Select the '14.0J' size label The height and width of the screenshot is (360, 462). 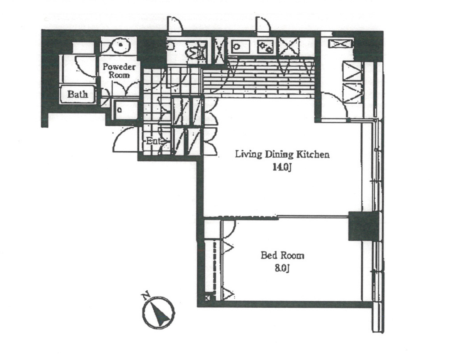pos(282,167)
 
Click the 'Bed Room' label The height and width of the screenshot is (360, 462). pos(282,255)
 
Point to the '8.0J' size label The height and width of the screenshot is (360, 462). pos(282,268)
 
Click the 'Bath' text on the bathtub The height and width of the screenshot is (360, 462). pos(77,94)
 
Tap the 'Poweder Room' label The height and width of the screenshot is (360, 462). pos(119,70)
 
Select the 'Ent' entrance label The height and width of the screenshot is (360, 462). pos(153,141)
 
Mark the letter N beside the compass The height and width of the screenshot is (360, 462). pos(145,295)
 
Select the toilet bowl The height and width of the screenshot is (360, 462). pos(195,52)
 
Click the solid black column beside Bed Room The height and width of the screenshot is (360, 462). pos(363,226)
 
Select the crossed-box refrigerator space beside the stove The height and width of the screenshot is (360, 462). pos(288,47)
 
